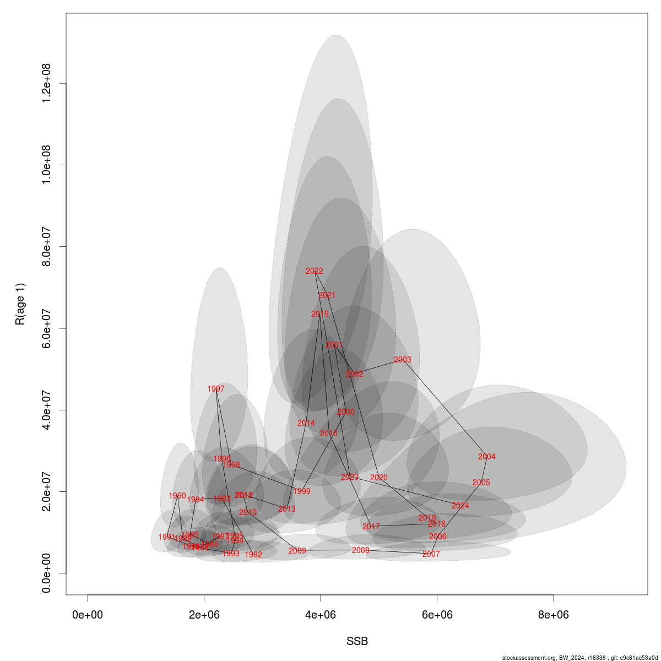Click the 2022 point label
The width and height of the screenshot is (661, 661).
click(x=315, y=271)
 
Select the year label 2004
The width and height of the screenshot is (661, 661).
click(x=487, y=457)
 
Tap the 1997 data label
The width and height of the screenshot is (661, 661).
click(x=216, y=389)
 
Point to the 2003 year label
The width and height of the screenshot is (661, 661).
click(x=403, y=360)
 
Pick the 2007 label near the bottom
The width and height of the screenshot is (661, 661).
click(x=431, y=554)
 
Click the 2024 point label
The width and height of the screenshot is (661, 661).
click(x=460, y=506)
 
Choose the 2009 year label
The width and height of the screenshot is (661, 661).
click(x=297, y=551)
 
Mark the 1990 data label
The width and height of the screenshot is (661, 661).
click(x=177, y=496)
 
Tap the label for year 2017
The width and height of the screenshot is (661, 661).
click(x=371, y=527)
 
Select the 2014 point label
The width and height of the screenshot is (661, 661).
click(x=306, y=423)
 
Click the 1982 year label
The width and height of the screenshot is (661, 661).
click(x=253, y=555)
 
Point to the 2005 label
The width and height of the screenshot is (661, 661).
click(x=481, y=483)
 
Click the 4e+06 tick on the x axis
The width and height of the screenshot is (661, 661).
click(x=321, y=615)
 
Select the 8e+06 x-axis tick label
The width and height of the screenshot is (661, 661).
click(x=554, y=615)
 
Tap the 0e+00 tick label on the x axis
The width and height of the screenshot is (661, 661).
click(x=88, y=615)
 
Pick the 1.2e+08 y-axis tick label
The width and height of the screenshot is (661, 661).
click(x=46, y=83)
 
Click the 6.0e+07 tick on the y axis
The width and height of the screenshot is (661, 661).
click(x=46, y=328)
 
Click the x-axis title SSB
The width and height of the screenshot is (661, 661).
click(x=357, y=642)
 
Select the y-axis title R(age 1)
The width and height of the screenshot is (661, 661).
click(x=20, y=304)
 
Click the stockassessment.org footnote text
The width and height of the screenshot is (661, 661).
click(x=581, y=658)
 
